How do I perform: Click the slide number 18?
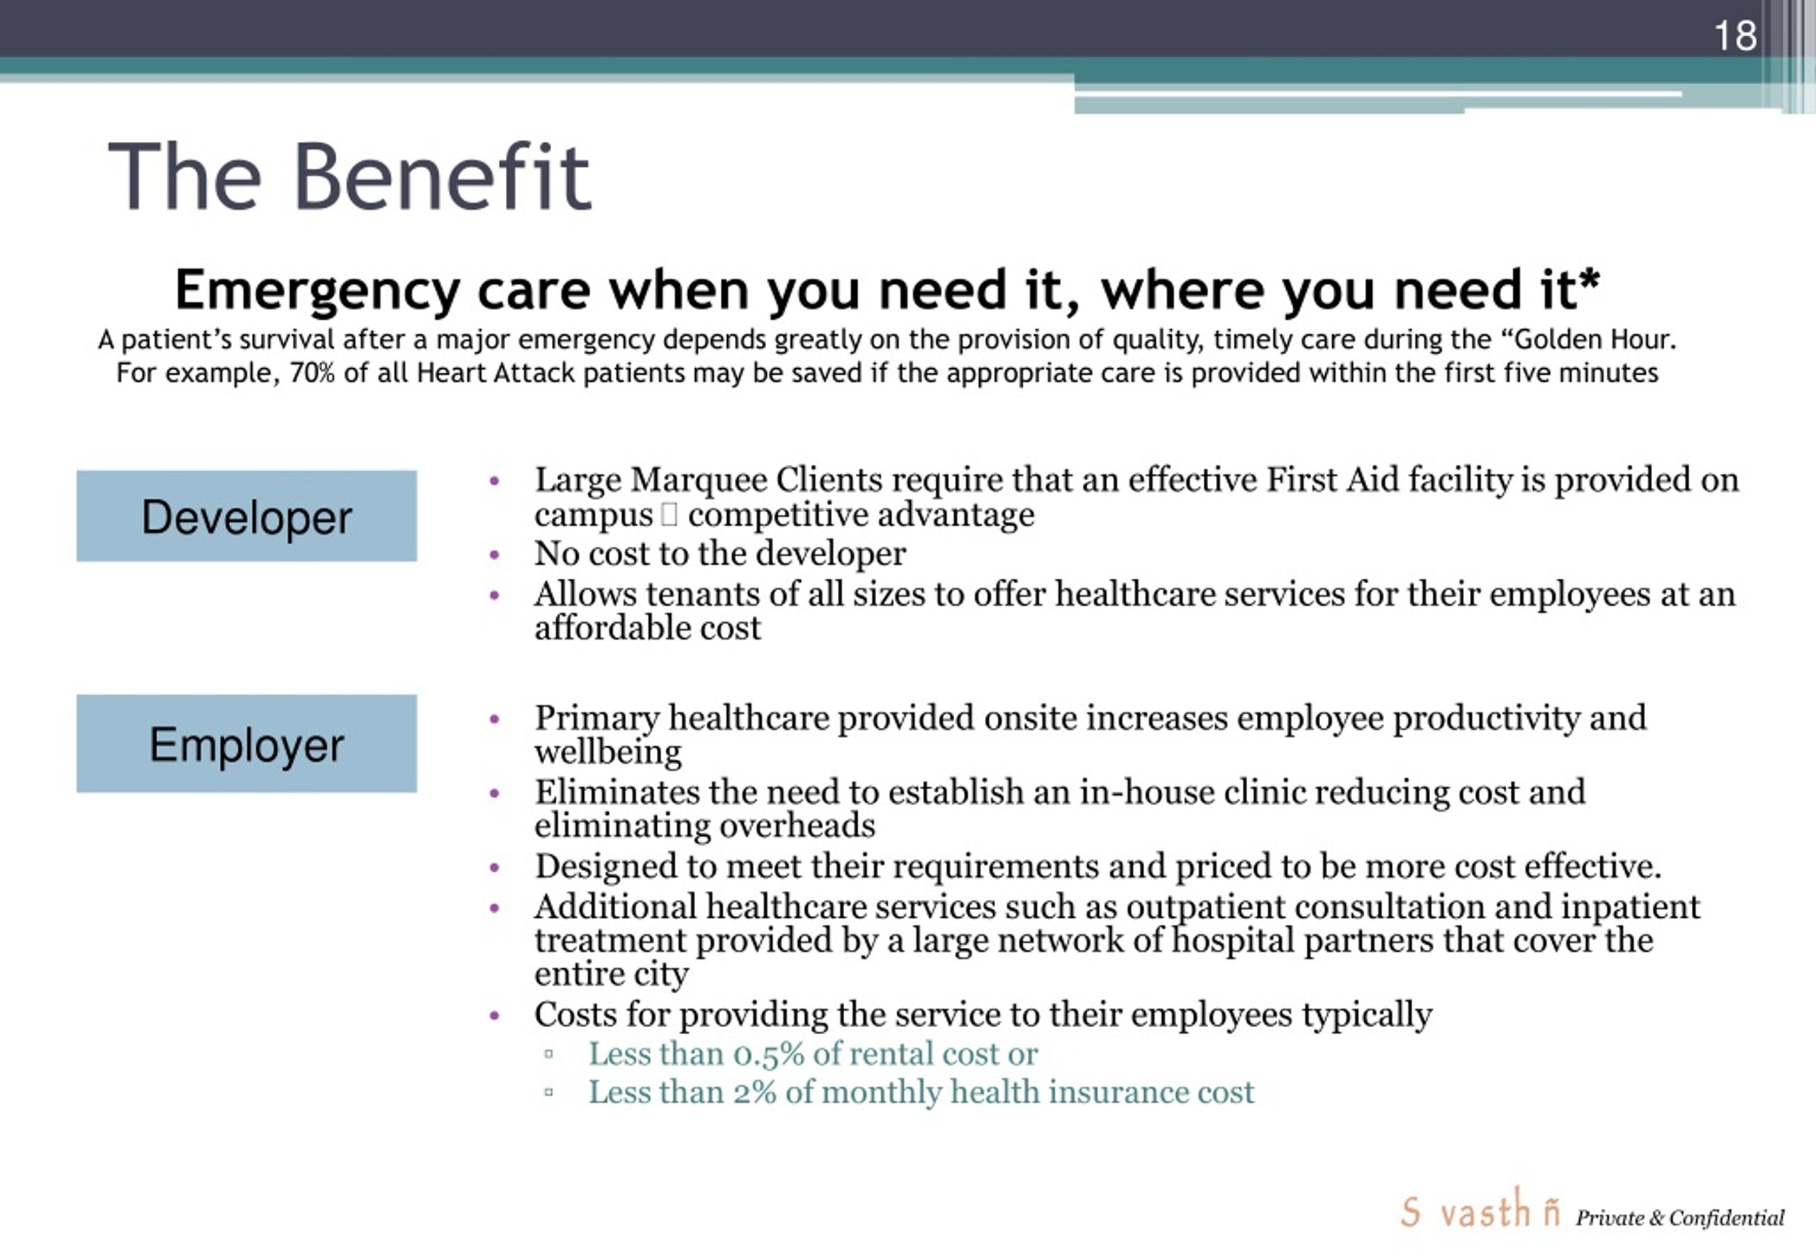[1735, 35]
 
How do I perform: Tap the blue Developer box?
[246, 516]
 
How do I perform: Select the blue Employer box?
[246, 743]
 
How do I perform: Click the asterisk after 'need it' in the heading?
[1589, 280]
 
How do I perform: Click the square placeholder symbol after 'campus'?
[670, 515]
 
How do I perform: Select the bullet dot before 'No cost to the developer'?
[494, 555]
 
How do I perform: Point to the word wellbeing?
[608, 752]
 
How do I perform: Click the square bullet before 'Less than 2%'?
[549, 1092]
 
